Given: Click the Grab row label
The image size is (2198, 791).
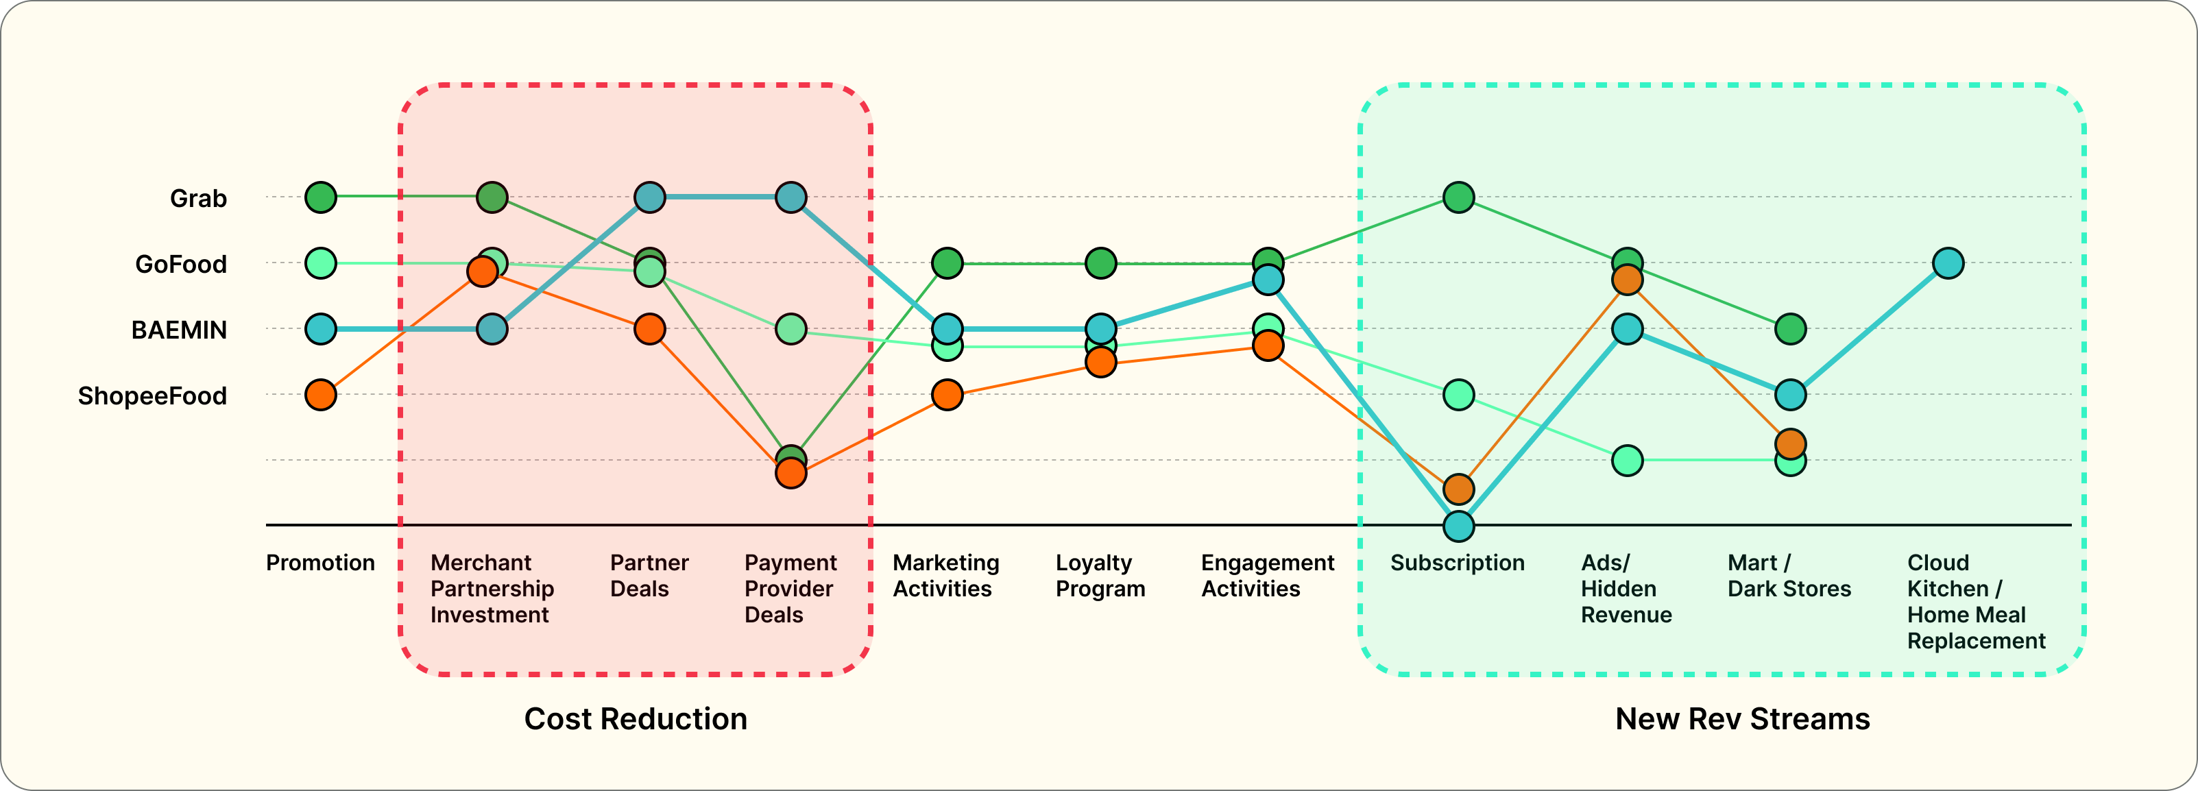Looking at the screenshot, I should (198, 198).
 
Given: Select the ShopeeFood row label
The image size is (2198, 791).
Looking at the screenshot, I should (152, 396).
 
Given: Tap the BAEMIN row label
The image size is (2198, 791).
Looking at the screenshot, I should (179, 330).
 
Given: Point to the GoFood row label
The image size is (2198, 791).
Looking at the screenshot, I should (181, 265).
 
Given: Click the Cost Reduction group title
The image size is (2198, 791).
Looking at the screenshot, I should (635, 718).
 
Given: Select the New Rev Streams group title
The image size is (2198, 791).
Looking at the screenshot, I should (1741, 718).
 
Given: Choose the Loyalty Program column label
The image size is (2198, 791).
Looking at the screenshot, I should (1100, 576).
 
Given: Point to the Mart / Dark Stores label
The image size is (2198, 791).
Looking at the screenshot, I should (1789, 576).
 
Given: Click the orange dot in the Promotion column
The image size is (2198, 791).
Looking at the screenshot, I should (321, 395).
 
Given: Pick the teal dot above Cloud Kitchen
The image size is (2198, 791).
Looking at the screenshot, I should (1948, 264).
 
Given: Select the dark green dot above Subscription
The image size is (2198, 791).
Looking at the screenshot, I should (1458, 198).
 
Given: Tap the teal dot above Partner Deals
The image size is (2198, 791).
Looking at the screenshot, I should (650, 198).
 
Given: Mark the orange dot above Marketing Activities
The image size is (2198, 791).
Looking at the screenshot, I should (947, 395).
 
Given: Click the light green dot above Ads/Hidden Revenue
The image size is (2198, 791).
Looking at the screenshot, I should (1627, 461).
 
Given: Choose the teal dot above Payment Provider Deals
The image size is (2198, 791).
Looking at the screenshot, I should (791, 198).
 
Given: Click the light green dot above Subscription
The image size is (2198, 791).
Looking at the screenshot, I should (1458, 395).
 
